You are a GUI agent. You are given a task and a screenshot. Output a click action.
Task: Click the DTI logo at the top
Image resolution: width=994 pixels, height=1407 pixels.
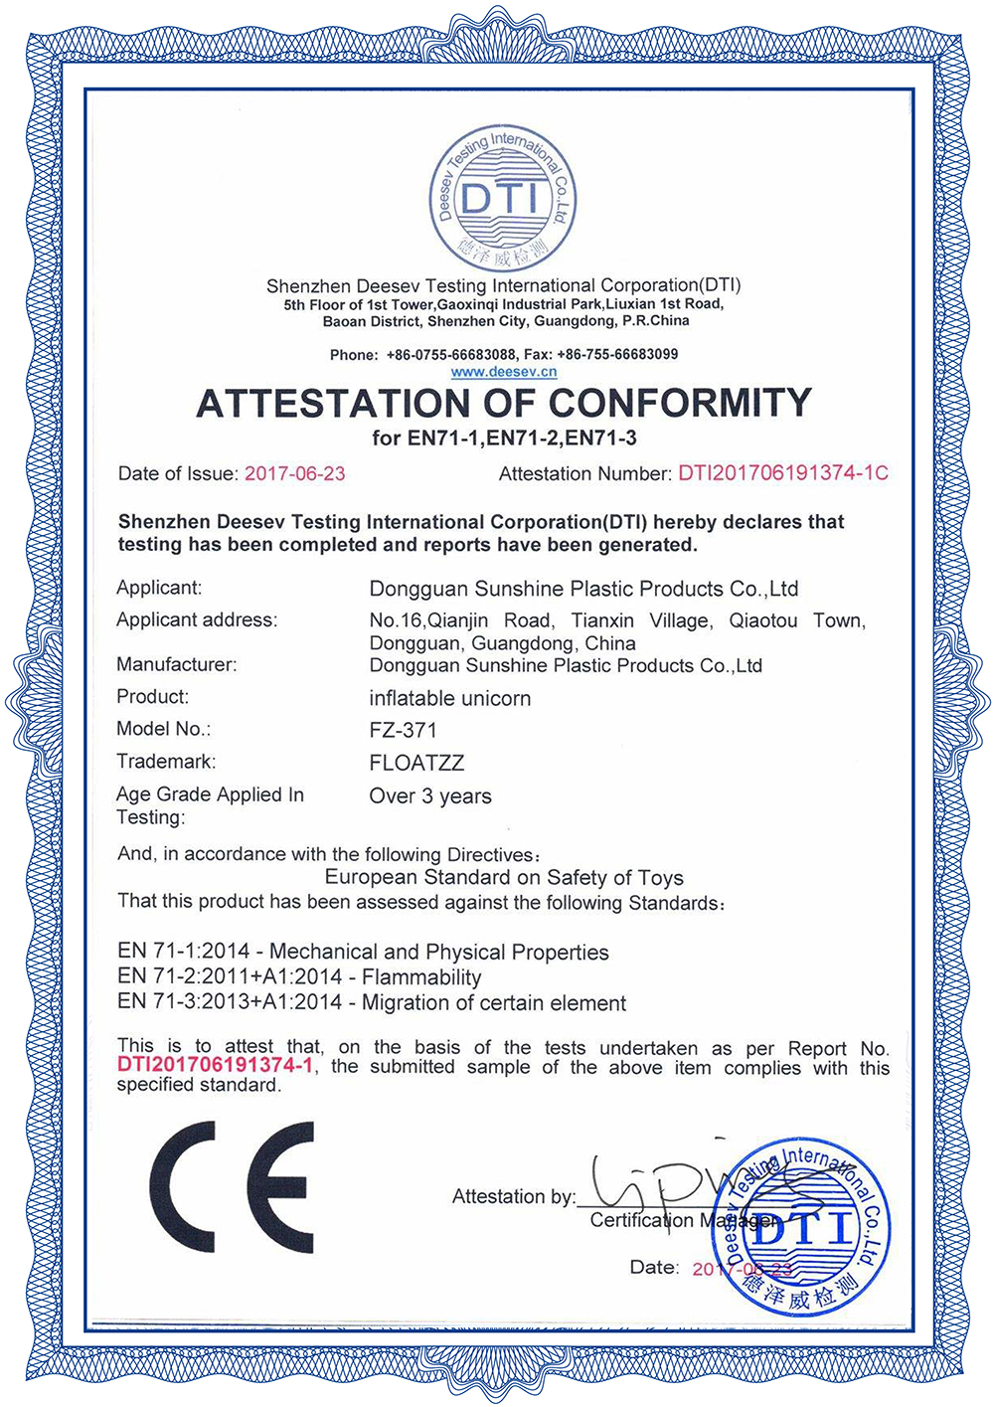click(503, 196)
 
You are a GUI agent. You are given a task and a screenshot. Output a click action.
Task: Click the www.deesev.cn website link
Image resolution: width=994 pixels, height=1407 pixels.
click(503, 372)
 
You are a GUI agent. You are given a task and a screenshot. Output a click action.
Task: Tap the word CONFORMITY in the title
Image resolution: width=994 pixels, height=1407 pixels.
click(680, 403)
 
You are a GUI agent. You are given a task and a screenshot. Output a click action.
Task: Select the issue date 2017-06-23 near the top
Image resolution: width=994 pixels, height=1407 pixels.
click(295, 474)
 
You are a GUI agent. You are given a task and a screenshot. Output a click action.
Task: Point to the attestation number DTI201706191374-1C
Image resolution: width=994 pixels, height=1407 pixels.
click(783, 473)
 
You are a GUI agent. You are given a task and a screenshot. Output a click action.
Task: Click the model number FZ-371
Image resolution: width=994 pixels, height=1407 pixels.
click(404, 730)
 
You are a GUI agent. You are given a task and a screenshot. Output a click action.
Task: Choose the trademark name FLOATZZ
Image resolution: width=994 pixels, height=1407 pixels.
click(416, 763)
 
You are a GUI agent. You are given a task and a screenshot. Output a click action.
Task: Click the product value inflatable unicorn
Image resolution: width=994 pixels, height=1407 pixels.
click(450, 698)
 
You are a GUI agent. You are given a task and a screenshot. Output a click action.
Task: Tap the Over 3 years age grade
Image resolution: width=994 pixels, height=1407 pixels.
click(430, 796)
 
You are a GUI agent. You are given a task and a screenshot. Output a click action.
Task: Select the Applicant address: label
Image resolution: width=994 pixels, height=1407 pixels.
click(197, 620)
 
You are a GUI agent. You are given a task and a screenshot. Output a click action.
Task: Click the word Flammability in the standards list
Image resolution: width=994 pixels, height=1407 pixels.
click(421, 977)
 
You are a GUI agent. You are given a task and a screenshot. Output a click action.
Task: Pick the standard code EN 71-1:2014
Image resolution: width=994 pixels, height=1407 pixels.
click(189, 952)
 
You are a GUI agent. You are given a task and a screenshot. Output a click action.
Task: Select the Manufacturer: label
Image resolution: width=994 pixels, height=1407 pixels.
click(177, 664)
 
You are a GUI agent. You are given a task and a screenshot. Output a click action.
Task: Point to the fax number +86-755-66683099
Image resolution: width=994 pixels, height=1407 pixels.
click(617, 354)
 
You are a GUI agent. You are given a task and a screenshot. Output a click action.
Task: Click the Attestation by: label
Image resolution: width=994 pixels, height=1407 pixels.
click(514, 1196)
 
